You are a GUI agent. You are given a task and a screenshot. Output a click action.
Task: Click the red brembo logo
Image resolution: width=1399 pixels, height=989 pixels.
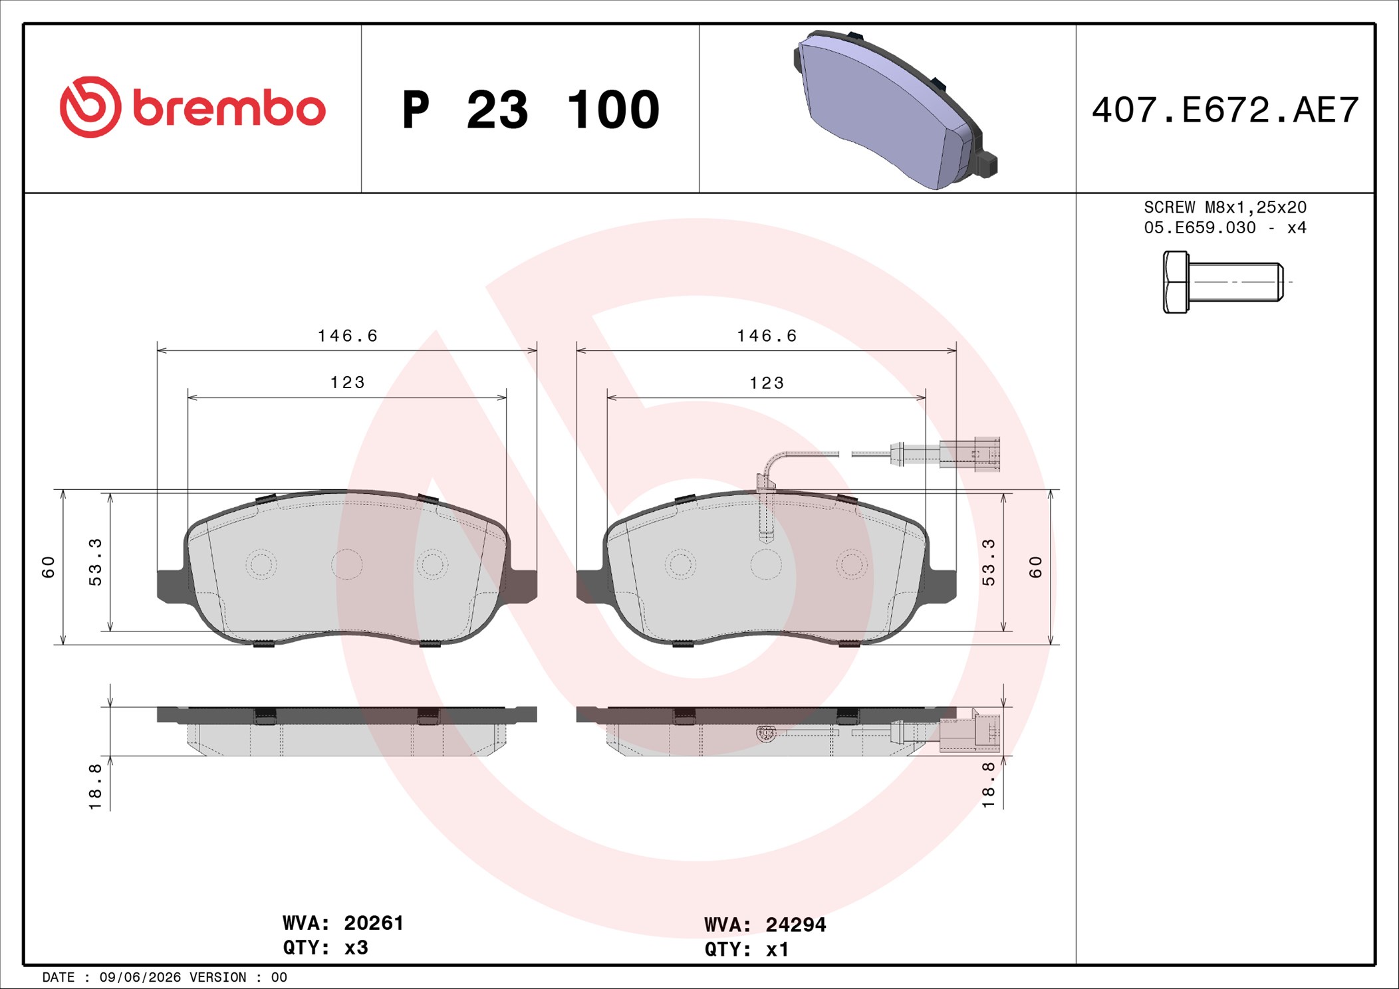click(193, 107)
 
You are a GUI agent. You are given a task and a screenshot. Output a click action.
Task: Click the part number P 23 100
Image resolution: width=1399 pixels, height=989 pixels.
click(531, 110)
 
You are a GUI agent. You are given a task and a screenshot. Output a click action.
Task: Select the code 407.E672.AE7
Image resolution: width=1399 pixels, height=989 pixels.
click(1225, 110)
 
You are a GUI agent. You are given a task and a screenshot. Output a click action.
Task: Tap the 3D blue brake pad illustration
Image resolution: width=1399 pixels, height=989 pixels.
click(895, 110)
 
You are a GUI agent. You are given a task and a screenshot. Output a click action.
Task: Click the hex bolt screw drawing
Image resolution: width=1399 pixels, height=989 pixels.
click(1223, 282)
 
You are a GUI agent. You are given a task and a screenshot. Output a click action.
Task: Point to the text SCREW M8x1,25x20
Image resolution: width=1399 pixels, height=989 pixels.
click(1225, 207)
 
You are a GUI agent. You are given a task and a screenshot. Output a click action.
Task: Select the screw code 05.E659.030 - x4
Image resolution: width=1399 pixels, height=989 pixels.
click(1225, 228)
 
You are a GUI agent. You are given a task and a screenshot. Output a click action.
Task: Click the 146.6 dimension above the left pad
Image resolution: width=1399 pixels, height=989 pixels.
click(347, 336)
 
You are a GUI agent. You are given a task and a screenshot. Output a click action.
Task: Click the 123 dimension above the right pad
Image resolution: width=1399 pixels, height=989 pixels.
click(767, 384)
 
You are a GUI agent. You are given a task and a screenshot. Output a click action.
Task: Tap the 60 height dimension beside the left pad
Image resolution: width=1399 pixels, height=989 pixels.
click(49, 567)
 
